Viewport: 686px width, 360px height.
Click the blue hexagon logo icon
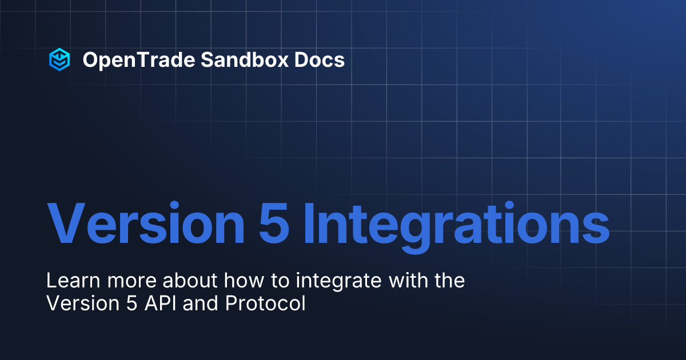59,59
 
